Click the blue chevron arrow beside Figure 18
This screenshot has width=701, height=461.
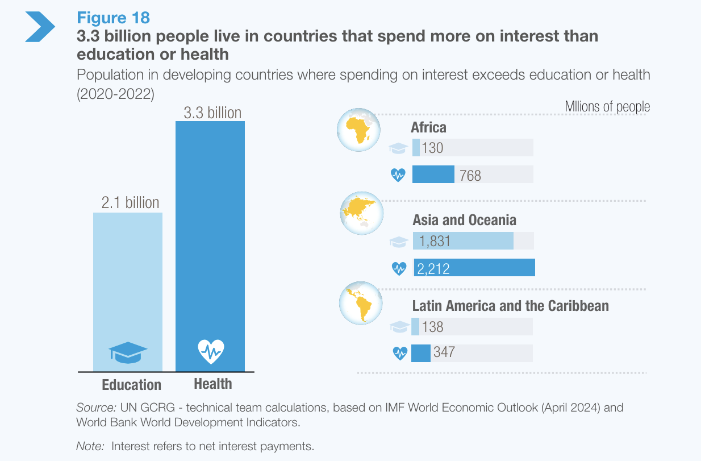[x=40, y=26]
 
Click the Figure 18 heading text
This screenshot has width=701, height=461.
[x=113, y=18]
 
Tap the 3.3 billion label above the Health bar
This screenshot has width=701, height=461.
[x=212, y=113]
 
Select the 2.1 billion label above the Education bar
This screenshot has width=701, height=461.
[x=130, y=203]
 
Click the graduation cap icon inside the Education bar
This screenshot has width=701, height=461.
[x=128, y=352]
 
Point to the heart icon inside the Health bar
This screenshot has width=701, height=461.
[x=211, y=351]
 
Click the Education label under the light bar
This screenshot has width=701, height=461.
[x=131, y=385]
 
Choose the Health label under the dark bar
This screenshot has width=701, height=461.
[x=212, y=384]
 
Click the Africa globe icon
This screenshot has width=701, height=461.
[x=360, y=130]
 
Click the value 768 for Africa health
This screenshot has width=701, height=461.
[x=470, y=176]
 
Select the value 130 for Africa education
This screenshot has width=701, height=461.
[x=432, y=148]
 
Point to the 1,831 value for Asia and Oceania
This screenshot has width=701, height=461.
[x=435, y=241]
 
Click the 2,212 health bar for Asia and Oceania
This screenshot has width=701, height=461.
[x=474, y=268]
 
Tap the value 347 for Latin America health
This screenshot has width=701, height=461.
[x=444, y=352]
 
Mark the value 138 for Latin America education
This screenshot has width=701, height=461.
[x=433, y=327]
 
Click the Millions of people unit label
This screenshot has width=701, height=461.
[x=607, y=107]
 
